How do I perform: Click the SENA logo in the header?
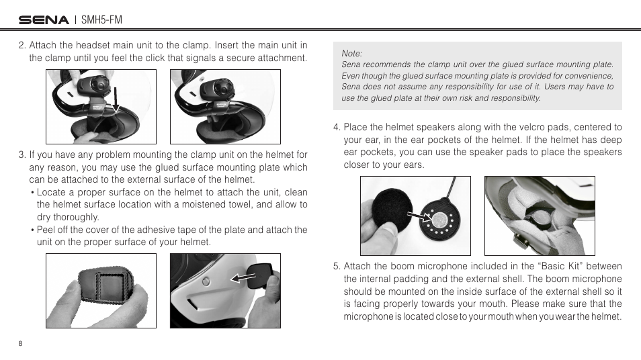tap(44, 20)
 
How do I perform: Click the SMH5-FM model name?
tap(101, 20)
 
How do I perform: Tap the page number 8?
tap(21, 343)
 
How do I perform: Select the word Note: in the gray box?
tap(352, 53)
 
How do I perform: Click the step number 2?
tap(22, 46)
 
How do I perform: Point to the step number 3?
tap(22, 155)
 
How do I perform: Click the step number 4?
tap(337, 128)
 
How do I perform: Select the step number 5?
tap(337, 267)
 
